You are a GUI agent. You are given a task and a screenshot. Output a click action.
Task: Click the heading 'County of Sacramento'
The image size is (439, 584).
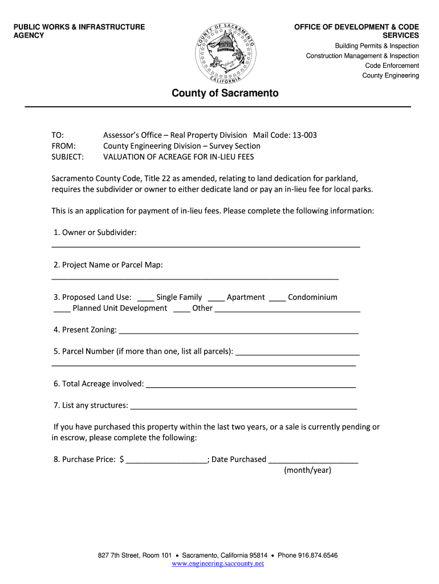pyautogui.click(x=225, y=93)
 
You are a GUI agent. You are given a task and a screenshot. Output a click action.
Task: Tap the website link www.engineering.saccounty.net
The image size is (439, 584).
pyautogui.click(x=218, y=563)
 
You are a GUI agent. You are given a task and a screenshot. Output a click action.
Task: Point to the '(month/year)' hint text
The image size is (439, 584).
pyautogui.click(x=307, y=471)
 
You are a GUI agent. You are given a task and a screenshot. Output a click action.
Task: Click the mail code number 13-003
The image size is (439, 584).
pyautogui.click(x=304, y=135)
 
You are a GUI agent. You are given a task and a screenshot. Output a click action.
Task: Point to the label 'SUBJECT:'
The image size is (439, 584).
pyautogui.click(x=67, y=157)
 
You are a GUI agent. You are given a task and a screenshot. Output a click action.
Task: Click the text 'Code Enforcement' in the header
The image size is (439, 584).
pyautogui.click(x=392, y=66)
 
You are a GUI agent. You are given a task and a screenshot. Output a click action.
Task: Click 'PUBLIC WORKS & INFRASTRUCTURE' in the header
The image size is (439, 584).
pyautogui.click(x=79, y=27)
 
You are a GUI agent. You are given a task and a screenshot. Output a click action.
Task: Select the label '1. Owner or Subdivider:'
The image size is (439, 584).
pyautogui.click(x=95, y=233)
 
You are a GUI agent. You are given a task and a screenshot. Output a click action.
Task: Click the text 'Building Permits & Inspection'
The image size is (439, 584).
pyautogui.click(x=376, y=46)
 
